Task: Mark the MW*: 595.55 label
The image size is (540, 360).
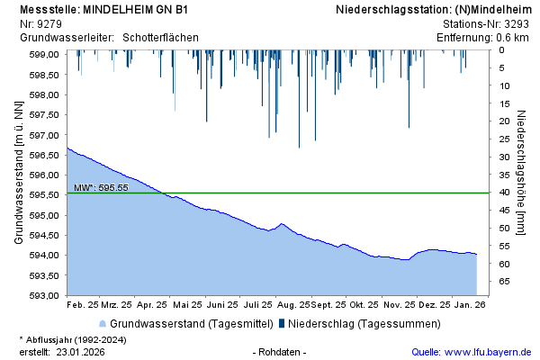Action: [x=101, y=187]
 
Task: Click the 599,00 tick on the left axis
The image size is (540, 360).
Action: [x=45, y=55]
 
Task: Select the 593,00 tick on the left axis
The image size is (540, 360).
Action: [x=45, y=295]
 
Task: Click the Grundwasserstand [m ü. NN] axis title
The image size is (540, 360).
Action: [x=19, y=174]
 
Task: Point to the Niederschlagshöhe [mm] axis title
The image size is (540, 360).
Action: [x=522, y=174]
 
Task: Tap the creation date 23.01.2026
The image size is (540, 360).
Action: [x=80, y=351]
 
